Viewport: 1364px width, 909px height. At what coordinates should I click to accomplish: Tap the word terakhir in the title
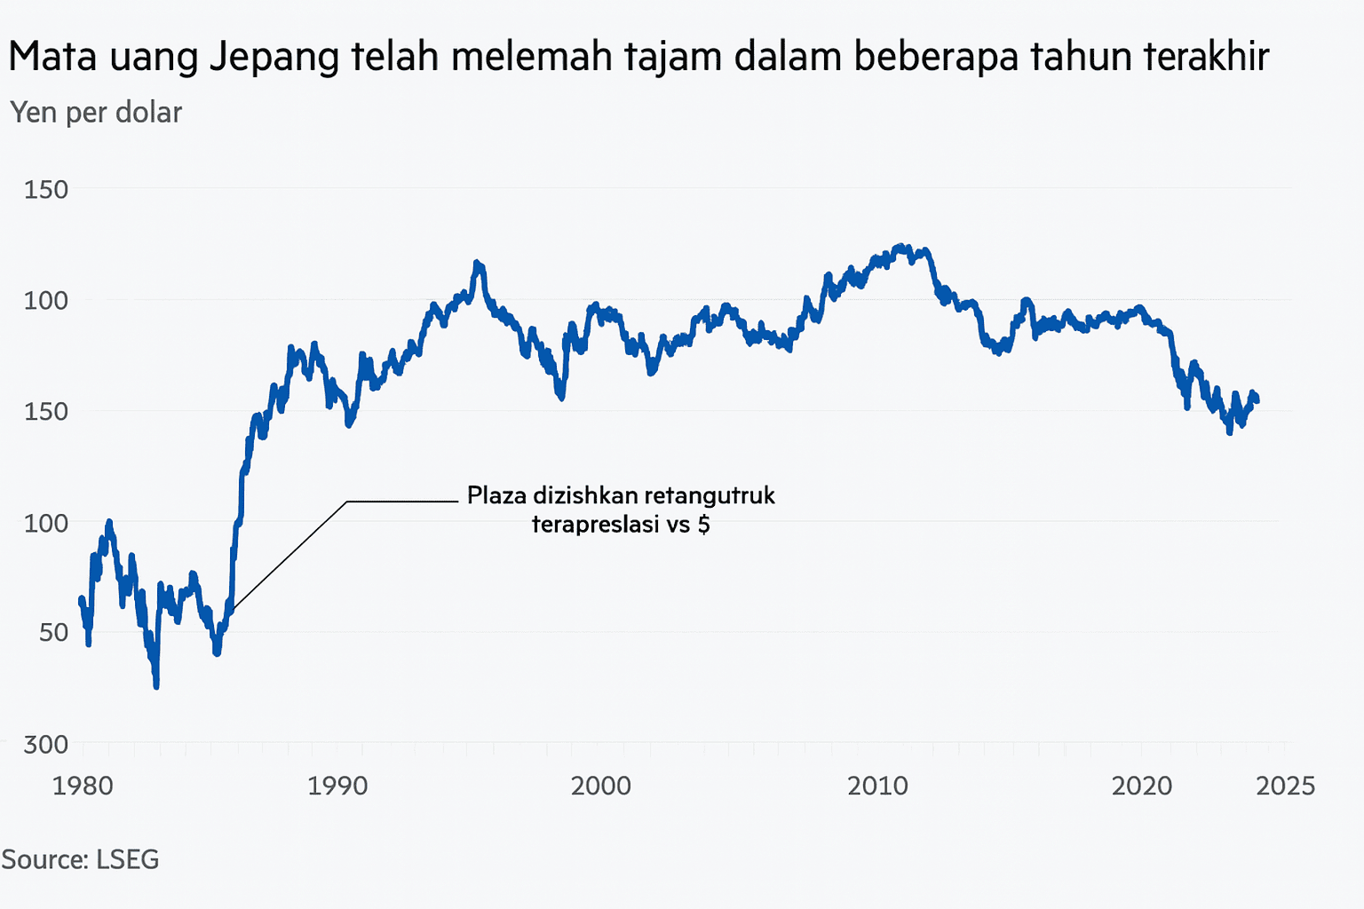pyautogui.click(x=1206, y=57)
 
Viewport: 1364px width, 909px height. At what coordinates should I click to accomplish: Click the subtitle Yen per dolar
pyautogui.click(x=96, y=113)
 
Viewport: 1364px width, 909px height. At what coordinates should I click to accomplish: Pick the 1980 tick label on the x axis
pyautogui.click(x=83, y=786)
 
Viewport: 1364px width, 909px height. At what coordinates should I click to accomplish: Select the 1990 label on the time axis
pyautogui.click(x=337, y=786)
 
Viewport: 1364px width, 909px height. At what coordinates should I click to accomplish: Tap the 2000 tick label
pyautogui.click(x=601, y=786)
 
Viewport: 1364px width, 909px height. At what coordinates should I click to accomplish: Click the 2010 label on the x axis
pyautogui.click(x=877, y=786)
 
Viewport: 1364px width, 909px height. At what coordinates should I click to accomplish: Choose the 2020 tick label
pyautogui.click(x=1142, y=786)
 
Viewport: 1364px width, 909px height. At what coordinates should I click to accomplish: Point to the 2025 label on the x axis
pyautogui.click(x=1285, y=786)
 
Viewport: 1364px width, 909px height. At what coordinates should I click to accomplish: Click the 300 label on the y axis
pyautogui.click(x=45, y=744)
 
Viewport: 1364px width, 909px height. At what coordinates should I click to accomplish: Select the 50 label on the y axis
pyautogui.click(x=53, y=632)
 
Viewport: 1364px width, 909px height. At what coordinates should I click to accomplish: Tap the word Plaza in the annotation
pyautogui.click(x=496, y=495)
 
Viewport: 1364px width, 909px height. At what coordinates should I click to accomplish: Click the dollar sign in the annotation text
pyautogui.click(x=703, y=525)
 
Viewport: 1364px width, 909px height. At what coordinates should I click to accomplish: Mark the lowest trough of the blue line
pyautogui.click(x=156, y=685)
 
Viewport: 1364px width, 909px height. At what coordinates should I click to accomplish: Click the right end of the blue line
pyautogui.click(x=1257, y=401)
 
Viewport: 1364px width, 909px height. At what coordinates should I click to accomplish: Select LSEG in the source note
pyautogui.click(x=127, y=859)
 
